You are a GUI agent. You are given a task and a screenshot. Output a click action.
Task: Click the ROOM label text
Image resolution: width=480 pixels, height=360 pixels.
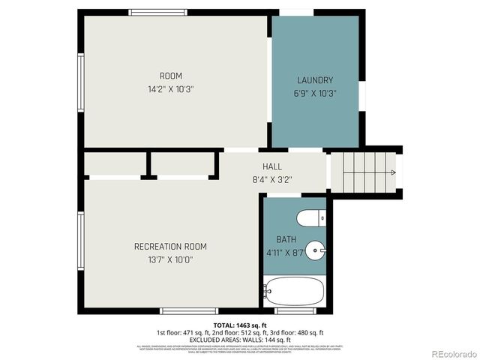point(170,76)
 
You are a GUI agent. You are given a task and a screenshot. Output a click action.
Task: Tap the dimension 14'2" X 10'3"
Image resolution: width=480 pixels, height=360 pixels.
point(170,88)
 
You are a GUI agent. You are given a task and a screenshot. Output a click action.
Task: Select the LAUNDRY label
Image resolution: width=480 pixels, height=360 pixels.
point(315,80)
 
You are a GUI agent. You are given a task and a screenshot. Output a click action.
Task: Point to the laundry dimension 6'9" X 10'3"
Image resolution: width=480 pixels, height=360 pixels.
point(315,94)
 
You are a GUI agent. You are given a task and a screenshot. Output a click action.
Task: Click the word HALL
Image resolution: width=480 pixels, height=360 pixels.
point(272,166)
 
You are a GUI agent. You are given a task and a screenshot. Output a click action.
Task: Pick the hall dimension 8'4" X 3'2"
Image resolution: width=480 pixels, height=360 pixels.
point(272,179)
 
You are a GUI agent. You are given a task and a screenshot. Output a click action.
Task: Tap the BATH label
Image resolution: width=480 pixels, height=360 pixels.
point(286,239)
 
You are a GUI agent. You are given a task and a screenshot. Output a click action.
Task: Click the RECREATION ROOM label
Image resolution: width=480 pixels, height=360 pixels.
point(170,247)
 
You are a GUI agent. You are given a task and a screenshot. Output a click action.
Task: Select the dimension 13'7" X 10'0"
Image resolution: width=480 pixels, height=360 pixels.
point(170,259)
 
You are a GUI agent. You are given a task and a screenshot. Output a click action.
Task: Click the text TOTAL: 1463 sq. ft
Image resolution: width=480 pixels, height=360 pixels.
point(239,325)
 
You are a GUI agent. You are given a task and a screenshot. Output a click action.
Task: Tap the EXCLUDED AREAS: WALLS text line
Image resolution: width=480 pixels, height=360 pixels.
point(240,338)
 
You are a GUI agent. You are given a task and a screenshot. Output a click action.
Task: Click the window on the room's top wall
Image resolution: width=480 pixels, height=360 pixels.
point(158,12)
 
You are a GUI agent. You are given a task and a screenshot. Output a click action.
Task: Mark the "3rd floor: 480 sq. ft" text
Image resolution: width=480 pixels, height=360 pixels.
point(298,331)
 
